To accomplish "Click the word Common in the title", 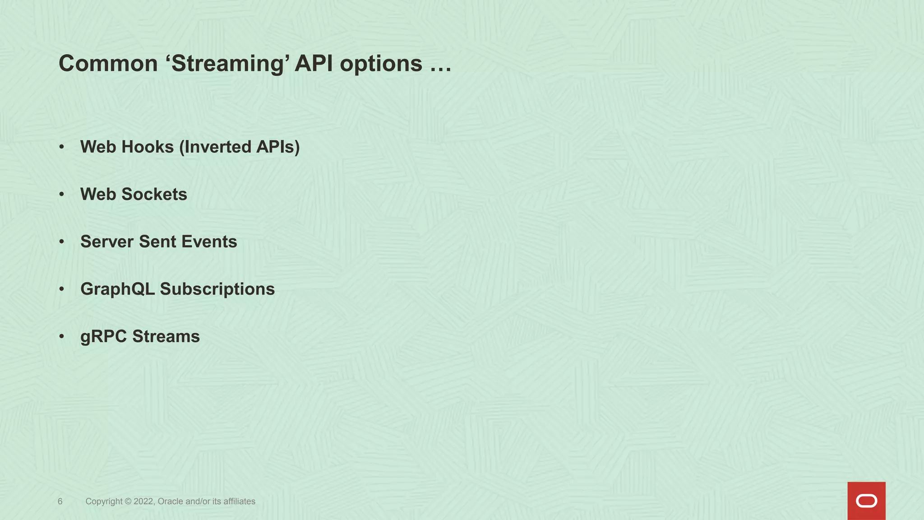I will click(x=108, y=63).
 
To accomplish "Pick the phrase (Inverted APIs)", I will click(x=240, y=147).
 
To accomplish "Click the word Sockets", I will click(x=154, y=195).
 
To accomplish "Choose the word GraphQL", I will click(x=117, y=289).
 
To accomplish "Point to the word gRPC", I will click(x=103, y=337).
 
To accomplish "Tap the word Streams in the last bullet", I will click(x=166, y=337).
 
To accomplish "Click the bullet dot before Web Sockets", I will click(x=62, y=195).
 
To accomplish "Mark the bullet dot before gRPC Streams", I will click(x=62, y=337).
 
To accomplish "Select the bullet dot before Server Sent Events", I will click(x=62, y=242).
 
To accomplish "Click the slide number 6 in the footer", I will click(x=60, y=501).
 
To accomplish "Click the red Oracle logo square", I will click(x=866, y=501).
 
